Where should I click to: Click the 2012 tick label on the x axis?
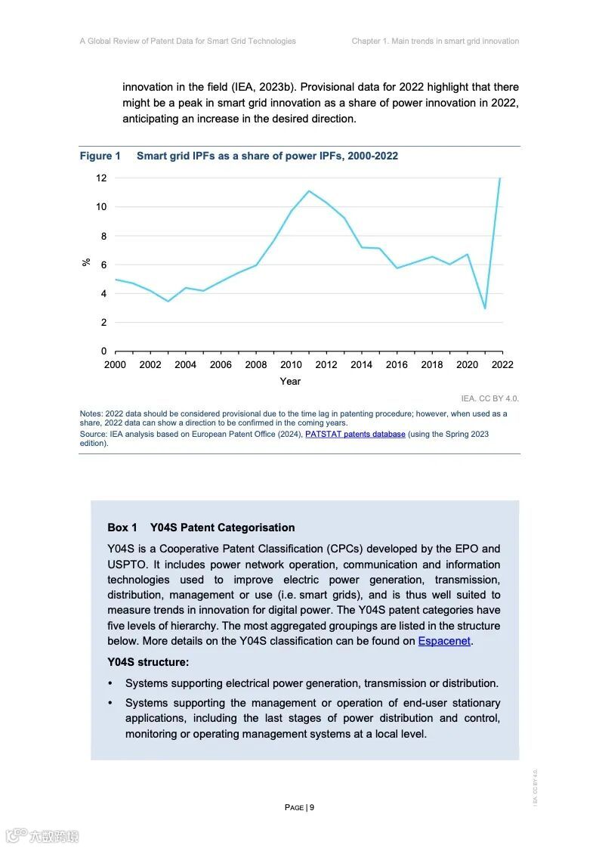click(x=326, y=365)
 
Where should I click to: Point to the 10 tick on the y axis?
click(x=101, y=207)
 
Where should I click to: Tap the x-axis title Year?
click(x=290, y=382)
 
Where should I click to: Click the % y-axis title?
click(x=86, y=262)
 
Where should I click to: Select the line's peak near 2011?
click(x=309, y=190)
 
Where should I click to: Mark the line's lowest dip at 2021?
click(x=485, y=308)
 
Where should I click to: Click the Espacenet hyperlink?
click(x=444, y=641)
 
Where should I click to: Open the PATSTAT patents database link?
click(x=355, y=435)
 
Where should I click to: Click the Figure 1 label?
click(x=100, y=156)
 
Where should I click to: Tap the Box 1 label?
click(x=122, y=528)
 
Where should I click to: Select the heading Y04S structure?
click(x=148, y=662)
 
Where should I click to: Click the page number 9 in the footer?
click(x=311, y=807)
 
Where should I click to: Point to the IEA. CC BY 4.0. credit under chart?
click(x=489, y=398)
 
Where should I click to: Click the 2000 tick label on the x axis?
click(x=116, y=365)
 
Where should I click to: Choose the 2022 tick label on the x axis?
click(x=502, y=365)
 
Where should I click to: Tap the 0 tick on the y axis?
click(x=104, y=351)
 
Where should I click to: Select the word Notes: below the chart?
click(x=91, y=414)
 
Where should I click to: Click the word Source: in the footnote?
click(x=94, y=435)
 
